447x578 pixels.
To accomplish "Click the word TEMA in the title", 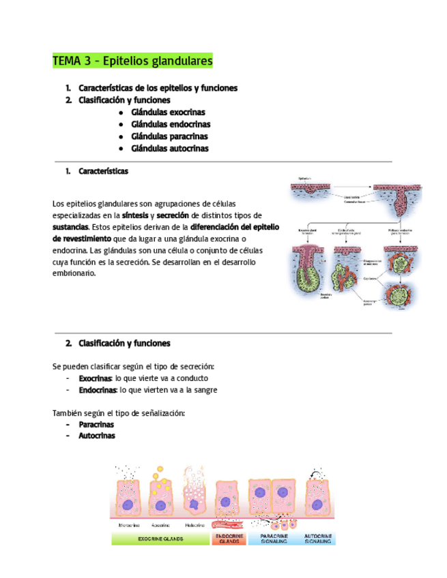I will click(x=66, y=61).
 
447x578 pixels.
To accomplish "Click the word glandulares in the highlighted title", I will click(x=179, y=61).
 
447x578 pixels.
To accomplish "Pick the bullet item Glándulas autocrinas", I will click(x=170, y=149).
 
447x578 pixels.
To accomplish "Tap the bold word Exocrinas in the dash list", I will click(x=95, y=378).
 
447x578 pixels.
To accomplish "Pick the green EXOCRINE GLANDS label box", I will click(x=160, y=538).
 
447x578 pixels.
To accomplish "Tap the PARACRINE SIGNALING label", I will click(x=274, y=538).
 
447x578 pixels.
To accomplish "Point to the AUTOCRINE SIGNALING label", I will click(x=318, y=538).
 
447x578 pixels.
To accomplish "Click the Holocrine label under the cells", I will click(x=195, y=525).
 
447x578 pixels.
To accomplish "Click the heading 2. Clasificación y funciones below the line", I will click(x=118, y=344).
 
